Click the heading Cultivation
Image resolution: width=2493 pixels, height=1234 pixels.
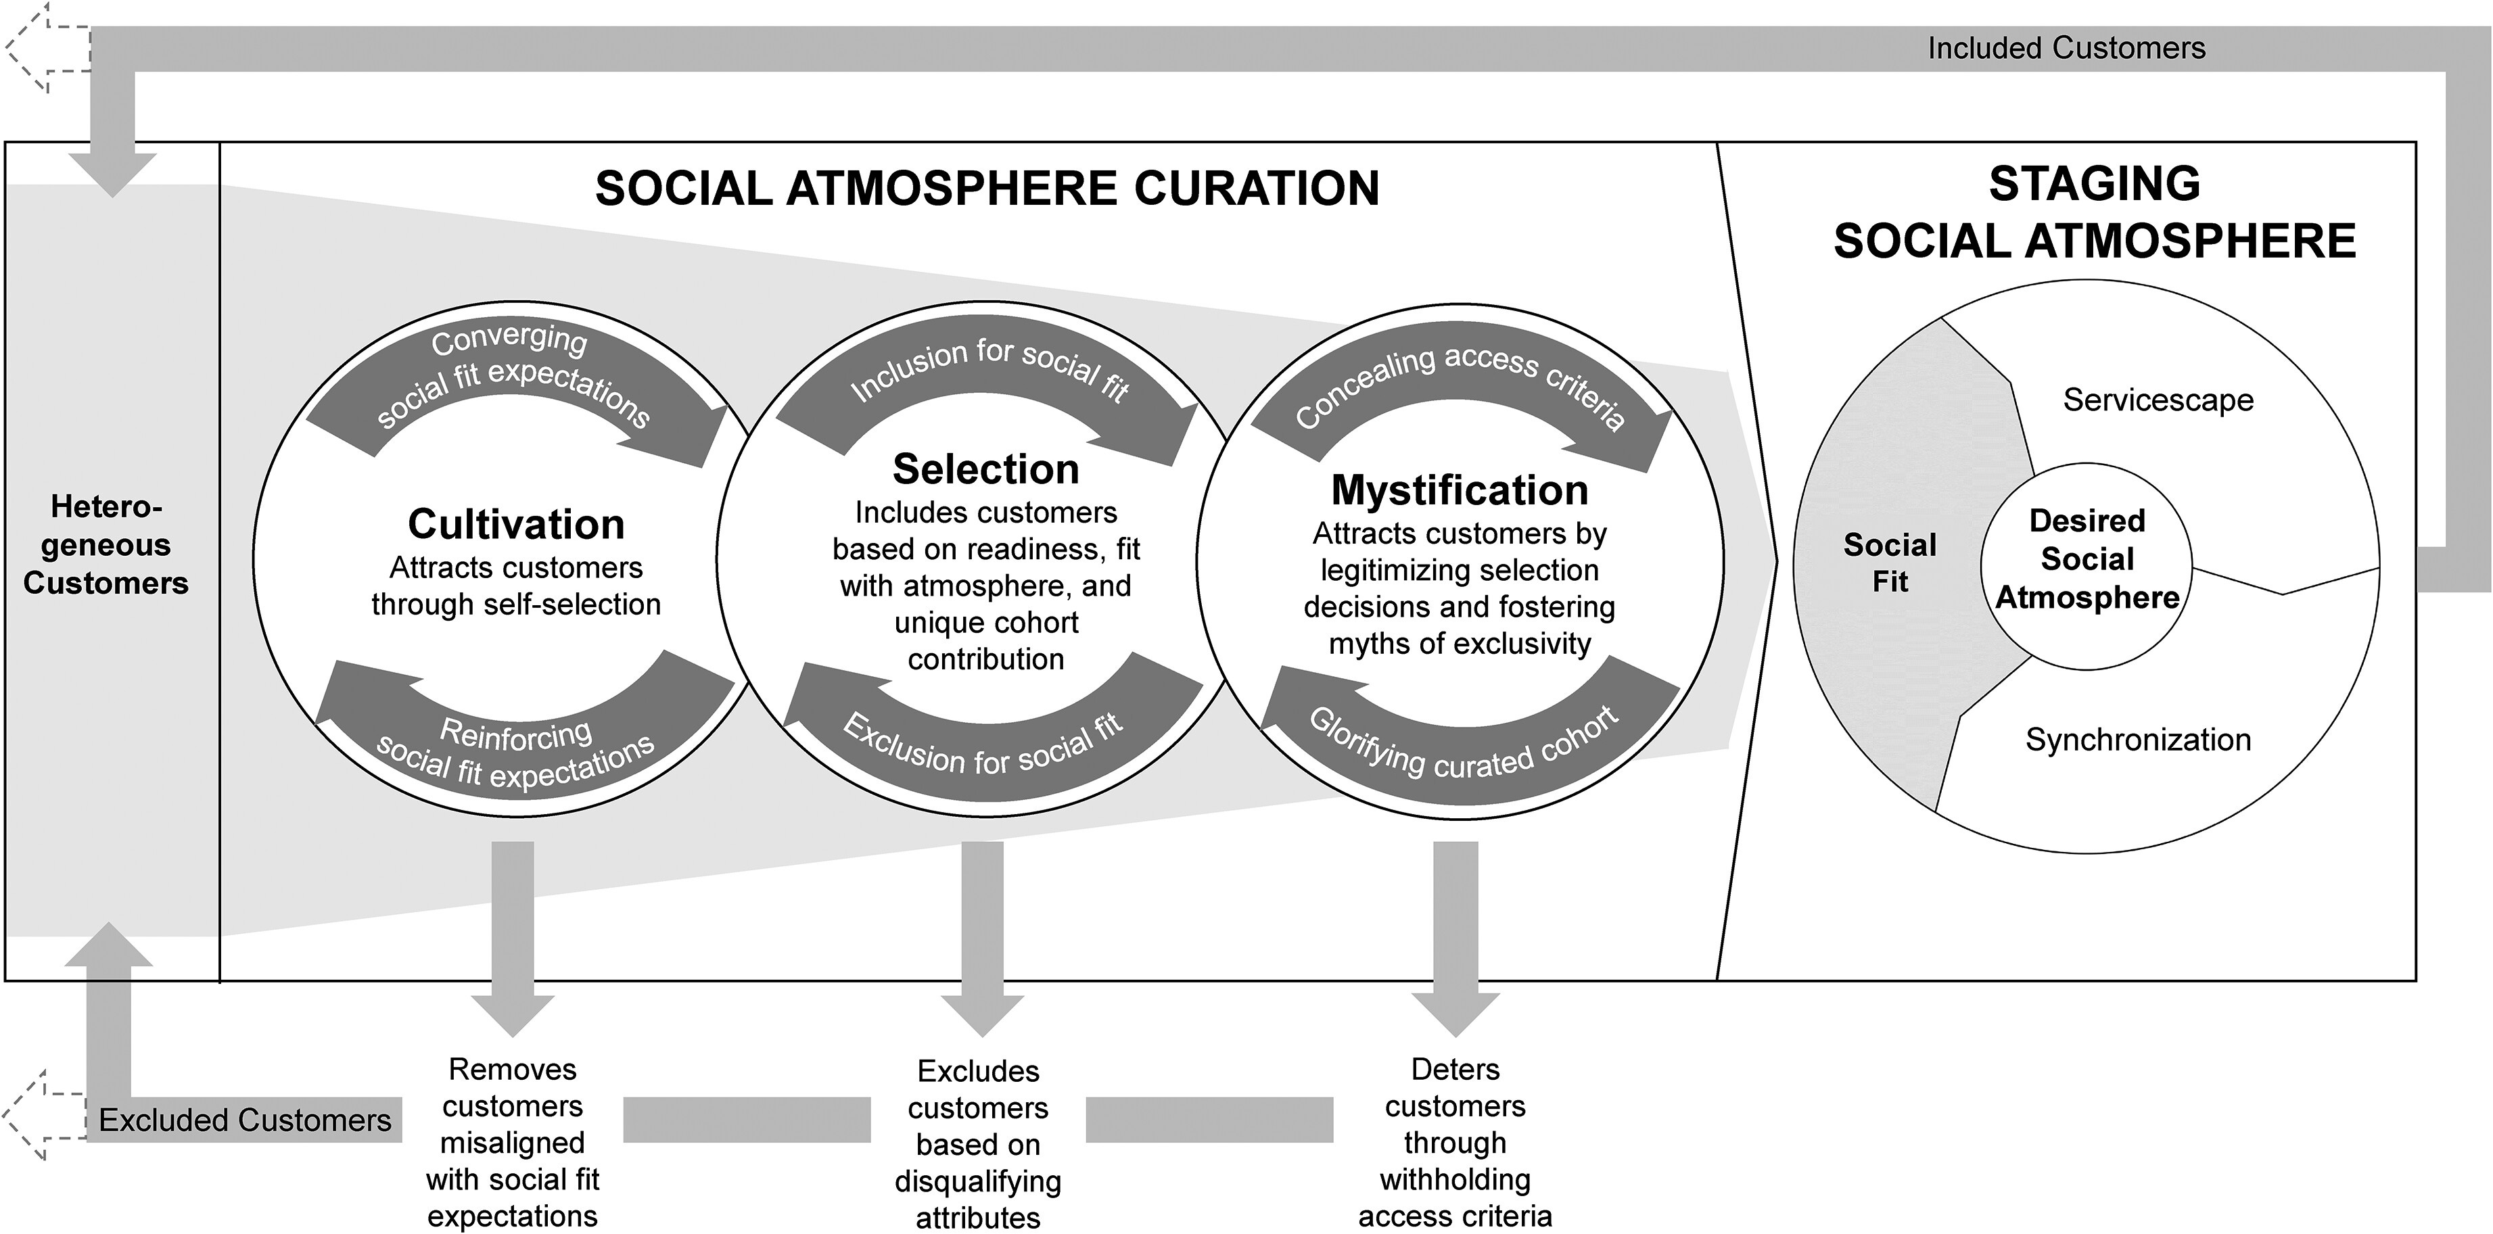(x=516, y=525)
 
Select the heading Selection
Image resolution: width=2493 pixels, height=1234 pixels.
(x=985, y=469)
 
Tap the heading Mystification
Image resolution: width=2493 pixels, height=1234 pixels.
(x=1460, y=491)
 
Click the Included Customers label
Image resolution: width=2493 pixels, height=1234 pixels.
(x=2066, y=49)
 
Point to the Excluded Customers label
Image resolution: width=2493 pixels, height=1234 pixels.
(x=245, y=1120)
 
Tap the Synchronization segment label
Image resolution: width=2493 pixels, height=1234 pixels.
(x=2138, y=740)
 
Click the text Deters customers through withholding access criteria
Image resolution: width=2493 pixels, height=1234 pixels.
(x=1455, y=1142)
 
